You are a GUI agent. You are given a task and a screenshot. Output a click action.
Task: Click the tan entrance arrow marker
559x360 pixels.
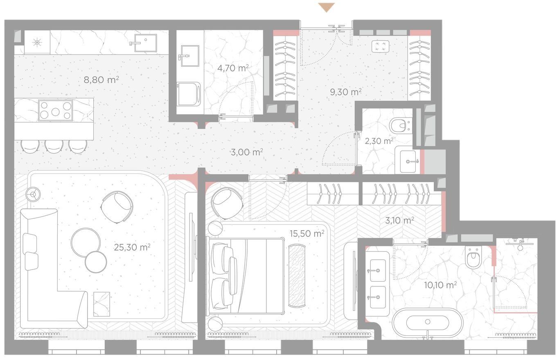tap(327, 7)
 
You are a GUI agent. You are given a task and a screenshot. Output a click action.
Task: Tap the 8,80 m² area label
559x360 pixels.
tap(101, 80)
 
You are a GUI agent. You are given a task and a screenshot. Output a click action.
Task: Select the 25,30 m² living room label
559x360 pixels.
tap(132, 247)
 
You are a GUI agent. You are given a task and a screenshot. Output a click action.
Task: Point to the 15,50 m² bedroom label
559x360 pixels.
tap(307, 233)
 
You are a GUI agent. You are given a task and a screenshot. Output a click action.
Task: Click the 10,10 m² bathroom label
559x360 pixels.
tap(440, 285)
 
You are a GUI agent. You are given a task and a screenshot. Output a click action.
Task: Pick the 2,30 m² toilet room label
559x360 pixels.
tap(379, 141)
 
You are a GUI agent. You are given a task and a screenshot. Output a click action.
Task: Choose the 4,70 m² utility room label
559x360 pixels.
tap(233, 68)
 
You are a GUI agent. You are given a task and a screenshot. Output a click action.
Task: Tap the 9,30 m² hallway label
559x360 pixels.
tap(346, 92)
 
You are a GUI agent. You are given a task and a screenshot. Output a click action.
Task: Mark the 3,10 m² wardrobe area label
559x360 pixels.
tap(399, 220)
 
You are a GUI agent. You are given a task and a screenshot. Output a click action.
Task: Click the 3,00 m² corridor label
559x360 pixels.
tap(247, 152)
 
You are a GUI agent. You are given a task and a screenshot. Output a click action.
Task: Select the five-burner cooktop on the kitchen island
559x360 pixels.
tap(55, 111)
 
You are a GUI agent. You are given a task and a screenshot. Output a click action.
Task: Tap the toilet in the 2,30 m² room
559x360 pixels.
tap(399, 126)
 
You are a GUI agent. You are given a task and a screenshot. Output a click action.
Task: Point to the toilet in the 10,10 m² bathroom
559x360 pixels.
tap(473, 257)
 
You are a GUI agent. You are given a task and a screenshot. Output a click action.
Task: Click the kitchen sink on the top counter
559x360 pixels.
tap(146, 43)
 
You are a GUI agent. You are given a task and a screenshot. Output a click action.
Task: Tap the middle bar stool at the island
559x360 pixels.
tap(54, 146)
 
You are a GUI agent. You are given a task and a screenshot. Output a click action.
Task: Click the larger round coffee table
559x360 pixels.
tap(86, 242)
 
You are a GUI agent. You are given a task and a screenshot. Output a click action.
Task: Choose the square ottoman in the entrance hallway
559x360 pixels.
tap(380, 46)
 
